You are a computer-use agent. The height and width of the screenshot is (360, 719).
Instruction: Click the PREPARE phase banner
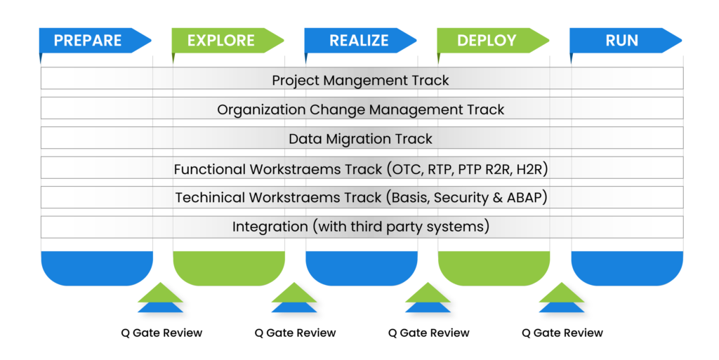88,41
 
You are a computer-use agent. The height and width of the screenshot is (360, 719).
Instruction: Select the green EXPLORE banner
220,41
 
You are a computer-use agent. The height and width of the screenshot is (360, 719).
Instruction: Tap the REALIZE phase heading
359,41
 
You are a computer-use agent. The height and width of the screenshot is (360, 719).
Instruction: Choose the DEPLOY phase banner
486,41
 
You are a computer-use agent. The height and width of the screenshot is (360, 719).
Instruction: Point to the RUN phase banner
621,41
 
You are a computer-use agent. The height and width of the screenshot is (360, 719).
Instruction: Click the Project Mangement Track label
360,80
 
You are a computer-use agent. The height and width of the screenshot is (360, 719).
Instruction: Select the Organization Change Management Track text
360,109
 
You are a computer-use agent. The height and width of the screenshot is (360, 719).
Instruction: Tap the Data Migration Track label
360,139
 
